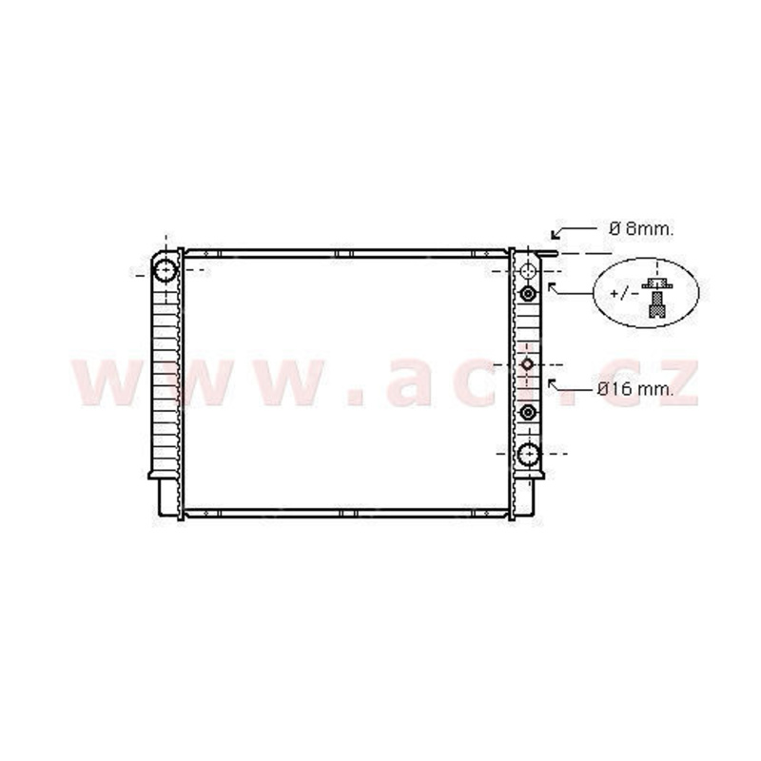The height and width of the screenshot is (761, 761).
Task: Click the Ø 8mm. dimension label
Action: tap(641, 228)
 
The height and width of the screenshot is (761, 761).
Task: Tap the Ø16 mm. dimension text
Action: tap(635, 389)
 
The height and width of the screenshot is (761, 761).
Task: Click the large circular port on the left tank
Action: tap(166, 270)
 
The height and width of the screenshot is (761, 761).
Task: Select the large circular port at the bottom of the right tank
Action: tap(528, 455)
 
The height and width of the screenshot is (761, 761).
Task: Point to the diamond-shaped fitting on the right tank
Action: tap(528, 364)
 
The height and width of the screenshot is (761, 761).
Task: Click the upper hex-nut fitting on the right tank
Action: tap(528, 294)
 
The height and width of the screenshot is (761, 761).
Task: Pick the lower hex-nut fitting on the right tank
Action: tap(528, 413)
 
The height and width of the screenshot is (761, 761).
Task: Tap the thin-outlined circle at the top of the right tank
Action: tap(528, 271)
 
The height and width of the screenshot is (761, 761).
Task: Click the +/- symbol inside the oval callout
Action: tap(624, 294)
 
